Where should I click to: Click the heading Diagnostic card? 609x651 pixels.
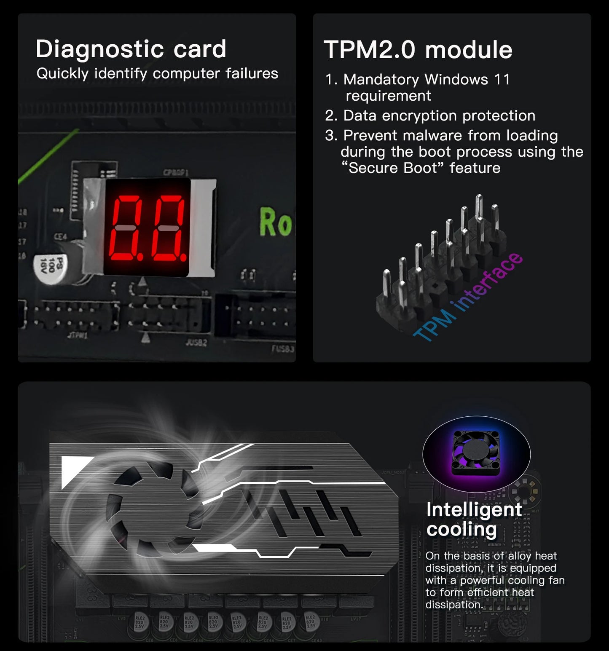(131, 49)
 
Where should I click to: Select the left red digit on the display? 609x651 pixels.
(126, 228)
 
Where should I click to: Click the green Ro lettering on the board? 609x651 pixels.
(275, 222)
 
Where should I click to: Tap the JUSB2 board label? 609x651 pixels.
(196, 343)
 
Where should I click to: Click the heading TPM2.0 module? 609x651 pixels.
(418, 50)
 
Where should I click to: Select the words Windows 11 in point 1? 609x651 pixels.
(467, 80)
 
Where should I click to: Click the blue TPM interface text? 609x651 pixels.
(468, 297)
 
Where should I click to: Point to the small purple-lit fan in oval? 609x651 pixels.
(475, 453)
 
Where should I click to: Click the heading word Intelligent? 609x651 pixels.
(474, 510)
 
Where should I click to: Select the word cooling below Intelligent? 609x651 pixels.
(461, 530)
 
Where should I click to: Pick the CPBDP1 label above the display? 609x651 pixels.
(175, 173)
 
